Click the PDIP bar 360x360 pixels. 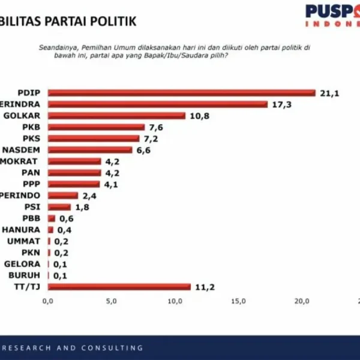181,92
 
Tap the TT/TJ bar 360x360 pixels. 119,287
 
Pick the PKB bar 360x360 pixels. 96,127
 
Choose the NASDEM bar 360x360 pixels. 90,149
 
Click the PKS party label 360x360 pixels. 30,138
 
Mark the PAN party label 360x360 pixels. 30,172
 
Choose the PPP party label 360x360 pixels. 30,184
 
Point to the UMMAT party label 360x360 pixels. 28,241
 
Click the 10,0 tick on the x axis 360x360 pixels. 175,301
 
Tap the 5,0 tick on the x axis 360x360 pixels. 111,301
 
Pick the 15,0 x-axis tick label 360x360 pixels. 238,301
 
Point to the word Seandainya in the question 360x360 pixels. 56,46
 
